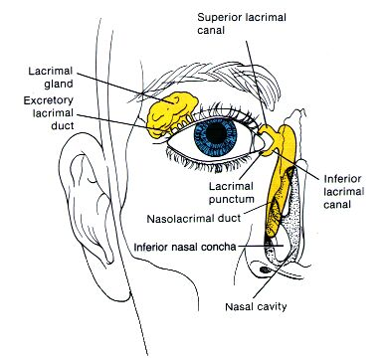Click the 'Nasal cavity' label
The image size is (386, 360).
coord(255,307)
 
